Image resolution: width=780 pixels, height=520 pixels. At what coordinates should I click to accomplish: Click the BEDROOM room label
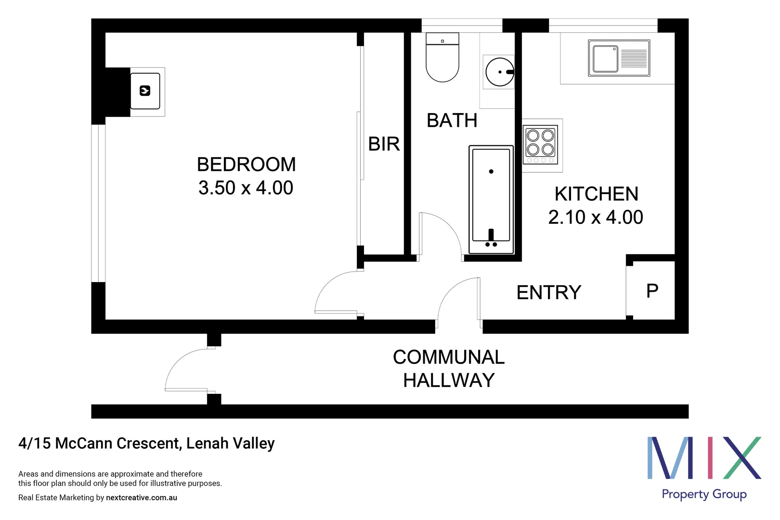point(246,165)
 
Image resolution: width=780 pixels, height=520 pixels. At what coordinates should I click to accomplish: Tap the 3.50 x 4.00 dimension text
point(246,188)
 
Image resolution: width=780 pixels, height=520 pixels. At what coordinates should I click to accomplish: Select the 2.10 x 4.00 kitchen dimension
point(596,217)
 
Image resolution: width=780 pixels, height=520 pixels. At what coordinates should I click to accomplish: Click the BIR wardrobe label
point(384,144)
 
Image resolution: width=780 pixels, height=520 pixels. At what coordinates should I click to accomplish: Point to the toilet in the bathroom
point(442,60)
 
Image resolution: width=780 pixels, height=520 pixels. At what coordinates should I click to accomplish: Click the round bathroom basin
point(499,72)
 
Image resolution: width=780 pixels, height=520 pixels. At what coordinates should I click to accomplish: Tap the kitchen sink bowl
point(605,59)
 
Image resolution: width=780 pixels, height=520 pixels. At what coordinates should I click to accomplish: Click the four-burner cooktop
point(540,143)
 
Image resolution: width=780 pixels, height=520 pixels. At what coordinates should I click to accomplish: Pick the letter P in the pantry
point(652,291)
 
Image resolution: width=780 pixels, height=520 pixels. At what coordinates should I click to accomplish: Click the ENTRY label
point(549,292)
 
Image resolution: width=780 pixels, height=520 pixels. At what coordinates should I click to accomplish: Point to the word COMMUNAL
point(448,357)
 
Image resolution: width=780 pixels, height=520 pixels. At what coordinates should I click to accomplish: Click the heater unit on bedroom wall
point(145,91)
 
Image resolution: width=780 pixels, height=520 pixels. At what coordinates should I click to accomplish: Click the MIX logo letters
point(703,458)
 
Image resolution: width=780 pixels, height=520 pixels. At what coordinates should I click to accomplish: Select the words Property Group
point(703,494)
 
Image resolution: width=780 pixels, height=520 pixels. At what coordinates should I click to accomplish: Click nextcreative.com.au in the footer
point(142,498)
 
